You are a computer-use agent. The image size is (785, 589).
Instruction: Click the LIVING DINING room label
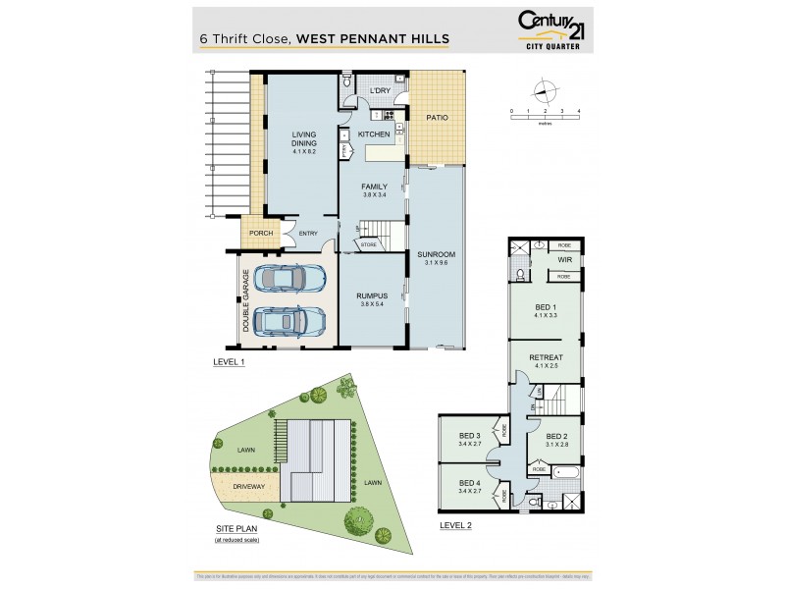(x=303, y=143)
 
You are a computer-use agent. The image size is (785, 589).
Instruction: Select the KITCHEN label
(x=374, y=134)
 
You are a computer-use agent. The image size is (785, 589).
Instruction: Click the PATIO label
(x=437, y=118)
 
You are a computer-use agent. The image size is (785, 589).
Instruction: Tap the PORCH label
(x=260, y=233)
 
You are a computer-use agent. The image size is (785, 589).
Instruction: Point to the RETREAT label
(x=545, y=359)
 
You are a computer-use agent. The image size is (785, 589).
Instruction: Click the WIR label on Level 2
(x=564, y=260)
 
